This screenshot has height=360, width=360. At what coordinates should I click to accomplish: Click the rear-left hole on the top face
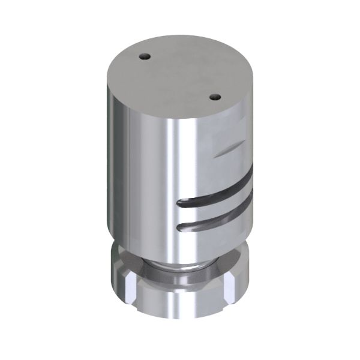click(x=144, y=56)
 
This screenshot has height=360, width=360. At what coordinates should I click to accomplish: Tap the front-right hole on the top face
click(x=213, y=95)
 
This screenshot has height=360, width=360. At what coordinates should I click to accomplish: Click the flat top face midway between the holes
click(x=179, y=76)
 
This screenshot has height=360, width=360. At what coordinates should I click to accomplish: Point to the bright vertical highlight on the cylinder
click(x=171, y=180)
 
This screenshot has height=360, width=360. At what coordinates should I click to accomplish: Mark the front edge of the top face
click(x=174, y=120)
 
